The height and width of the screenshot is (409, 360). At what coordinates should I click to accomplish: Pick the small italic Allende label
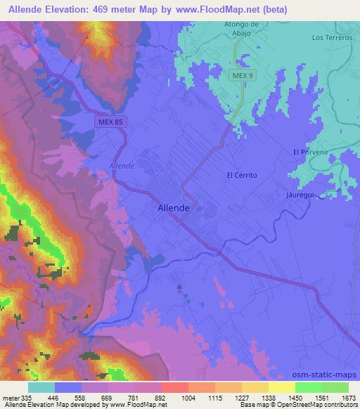coord(121,167)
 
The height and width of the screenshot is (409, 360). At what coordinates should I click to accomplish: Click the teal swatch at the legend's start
coord(41,387)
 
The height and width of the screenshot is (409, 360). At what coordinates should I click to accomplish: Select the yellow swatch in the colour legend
coord(281,387)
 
